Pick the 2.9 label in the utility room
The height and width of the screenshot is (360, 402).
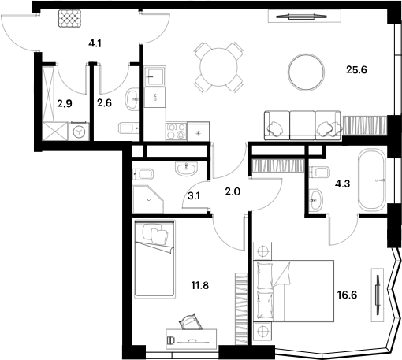pos(64,102)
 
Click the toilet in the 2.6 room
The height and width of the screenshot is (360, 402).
pos(125,130)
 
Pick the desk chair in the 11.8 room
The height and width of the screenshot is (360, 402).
pos(190,322)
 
